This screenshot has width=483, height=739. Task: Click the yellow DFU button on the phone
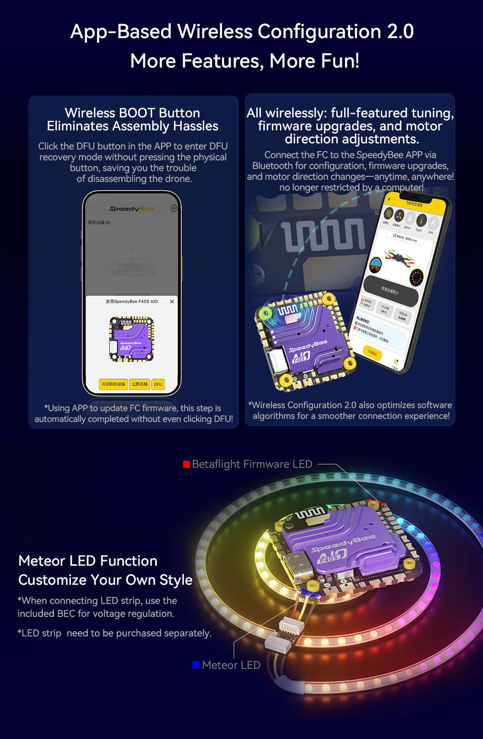pos(158,384)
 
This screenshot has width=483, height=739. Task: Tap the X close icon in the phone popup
pos(172,301)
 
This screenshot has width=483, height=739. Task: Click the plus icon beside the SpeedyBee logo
pos(174,208)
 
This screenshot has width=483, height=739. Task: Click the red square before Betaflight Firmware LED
pos(187,464)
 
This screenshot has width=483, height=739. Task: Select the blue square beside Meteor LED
pos(196,665)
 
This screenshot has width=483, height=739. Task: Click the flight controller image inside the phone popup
pos(132,339)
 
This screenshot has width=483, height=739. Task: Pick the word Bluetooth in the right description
pos(273,166)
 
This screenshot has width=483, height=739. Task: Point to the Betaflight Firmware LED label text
pos(252,464)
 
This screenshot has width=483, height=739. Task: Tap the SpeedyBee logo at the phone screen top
pos(132,209)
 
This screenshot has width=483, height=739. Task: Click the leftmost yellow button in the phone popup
pos(113,384)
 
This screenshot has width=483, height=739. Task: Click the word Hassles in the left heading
pos(196,126)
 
